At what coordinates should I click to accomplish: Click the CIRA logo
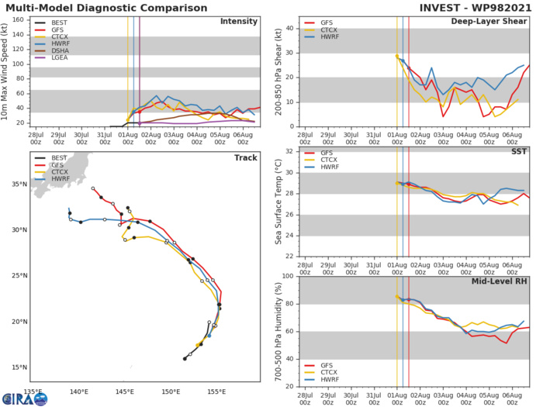tap(23, 396)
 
